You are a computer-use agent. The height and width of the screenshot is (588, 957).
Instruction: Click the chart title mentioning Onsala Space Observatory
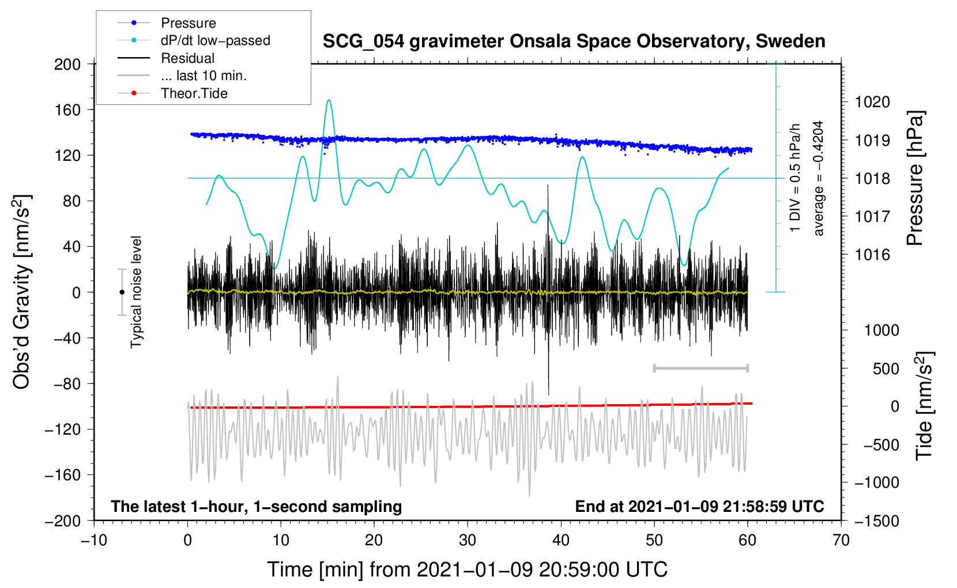point(574,42)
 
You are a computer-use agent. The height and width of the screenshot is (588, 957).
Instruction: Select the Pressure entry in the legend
point(188,23)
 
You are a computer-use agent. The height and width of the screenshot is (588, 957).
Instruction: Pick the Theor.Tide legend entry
point(194,93)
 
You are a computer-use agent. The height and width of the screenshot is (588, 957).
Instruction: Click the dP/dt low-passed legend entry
point(215,40)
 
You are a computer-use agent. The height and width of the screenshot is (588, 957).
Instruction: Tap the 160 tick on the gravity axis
point(67,110)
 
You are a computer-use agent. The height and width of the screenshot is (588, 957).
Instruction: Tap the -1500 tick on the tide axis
point(877,521)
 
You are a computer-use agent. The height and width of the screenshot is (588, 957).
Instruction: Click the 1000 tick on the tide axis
point(881,330)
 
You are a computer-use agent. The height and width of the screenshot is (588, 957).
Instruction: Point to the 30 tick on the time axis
point(468,540)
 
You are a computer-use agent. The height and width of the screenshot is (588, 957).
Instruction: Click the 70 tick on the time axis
point(841,540)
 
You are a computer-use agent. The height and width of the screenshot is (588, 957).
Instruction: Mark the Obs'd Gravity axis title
point(22,292)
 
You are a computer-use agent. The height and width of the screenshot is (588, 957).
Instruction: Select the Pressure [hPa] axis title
point(915,178)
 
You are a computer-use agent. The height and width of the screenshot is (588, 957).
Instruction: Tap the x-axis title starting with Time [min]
point(468,570)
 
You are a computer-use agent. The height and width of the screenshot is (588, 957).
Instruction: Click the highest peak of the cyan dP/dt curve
point(329,100)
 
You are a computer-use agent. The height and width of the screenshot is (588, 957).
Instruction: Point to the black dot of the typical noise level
point(122,292)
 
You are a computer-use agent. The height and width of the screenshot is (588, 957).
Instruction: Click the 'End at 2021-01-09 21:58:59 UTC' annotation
point(699,506)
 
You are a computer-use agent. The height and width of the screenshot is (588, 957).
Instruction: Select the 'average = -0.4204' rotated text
point(819,178)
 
